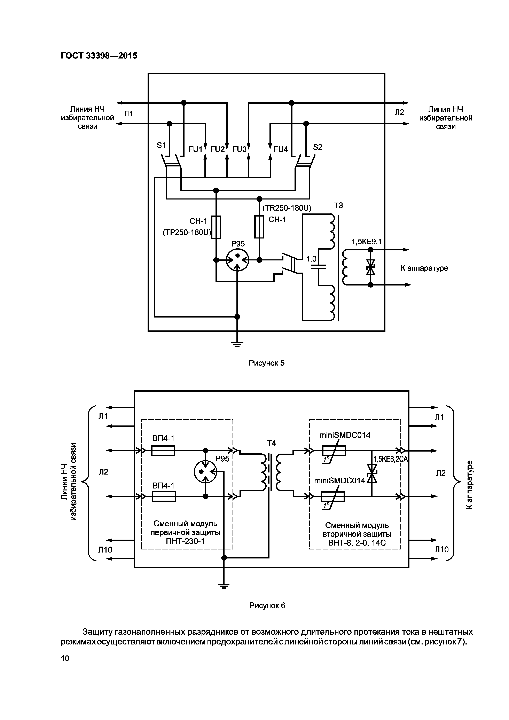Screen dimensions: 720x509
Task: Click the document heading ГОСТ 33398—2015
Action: pyautogui.click(x=99, y=56)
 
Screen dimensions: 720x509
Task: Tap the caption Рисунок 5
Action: pyautogui.click(x=267, y=363)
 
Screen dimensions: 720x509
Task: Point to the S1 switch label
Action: pyautogui.click(x=161, y=145)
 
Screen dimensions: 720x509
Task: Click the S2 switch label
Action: pyautogui.click(x=318, y=147)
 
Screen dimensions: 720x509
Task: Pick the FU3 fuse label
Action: pyautogui.click(x=239, y=149)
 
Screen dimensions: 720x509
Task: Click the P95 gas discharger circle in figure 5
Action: pyautogui.click(x=237, y=260)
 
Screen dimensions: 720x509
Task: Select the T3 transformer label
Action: pyautogui.click(x=338, y=205)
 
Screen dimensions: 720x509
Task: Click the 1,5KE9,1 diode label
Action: pyautogui.click(x=367, y=242)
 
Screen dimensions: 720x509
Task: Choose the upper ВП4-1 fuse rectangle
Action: pyautogui.click(x=163, y=451)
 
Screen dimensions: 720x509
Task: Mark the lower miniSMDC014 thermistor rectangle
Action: pyautogui.click(x=333, y=496)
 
